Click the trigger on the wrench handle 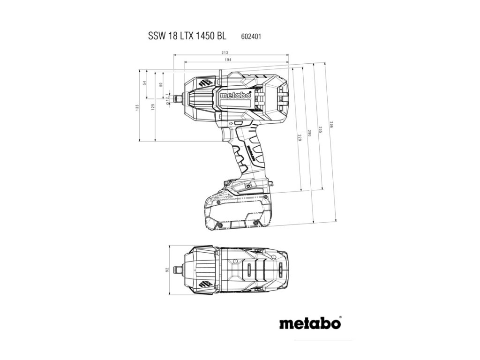[x=227, y=135]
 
